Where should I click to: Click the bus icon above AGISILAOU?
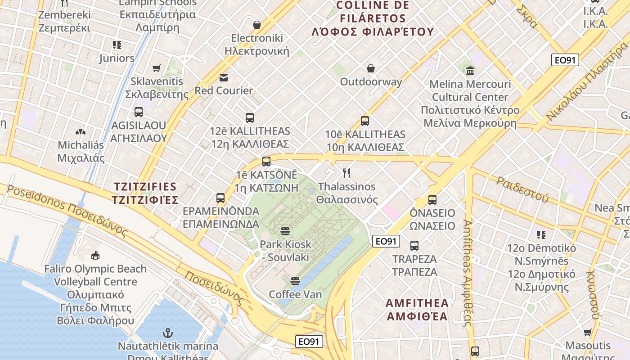[139, 112]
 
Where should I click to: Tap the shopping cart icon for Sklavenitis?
[157, 68]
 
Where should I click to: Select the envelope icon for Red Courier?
[224, 77]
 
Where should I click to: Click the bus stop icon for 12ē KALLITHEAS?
[250, 118]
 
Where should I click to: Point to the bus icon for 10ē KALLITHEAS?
[365, 121]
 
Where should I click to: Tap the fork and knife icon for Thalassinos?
[346, 173]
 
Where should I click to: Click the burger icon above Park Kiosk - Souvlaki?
[285, 231]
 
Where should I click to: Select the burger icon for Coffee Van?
[295, 281]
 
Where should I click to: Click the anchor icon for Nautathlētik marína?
[167, 333]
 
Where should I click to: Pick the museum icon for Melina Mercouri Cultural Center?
[470, 71]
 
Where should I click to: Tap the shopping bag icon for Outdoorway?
[371, 68]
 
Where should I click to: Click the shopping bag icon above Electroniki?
[257, 25]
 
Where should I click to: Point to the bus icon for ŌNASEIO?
[432, 200]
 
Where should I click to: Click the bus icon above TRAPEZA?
[414, 246]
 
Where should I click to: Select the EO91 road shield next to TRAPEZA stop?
[386, 241]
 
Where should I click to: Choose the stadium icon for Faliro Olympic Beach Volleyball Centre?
[95, 256]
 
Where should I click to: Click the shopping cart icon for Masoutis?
[588, 333]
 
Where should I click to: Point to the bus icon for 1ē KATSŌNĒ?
[266, 162]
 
